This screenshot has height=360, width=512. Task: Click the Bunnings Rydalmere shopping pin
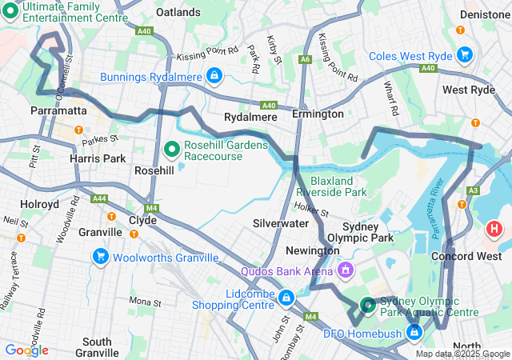(214, 77)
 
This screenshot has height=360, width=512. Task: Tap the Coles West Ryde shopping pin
(464, 55)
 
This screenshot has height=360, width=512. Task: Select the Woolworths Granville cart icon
(101, 257)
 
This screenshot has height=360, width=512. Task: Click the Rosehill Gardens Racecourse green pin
(171, 149)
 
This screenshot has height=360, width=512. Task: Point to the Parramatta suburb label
(58, 110)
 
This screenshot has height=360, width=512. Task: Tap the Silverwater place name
(280, 223)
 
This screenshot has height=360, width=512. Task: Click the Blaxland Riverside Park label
(331, 186)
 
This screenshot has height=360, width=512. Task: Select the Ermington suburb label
(318, 114)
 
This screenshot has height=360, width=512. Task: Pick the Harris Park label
(97, 158)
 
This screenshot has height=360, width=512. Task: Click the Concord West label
(464, 256)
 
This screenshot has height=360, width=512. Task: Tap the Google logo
(26, 350)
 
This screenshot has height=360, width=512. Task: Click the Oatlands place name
(178, 13)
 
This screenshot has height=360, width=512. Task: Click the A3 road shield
(473, 190)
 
